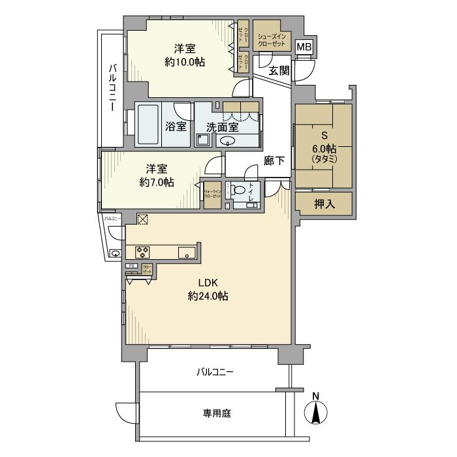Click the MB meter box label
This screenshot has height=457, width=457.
click(x=304, y=47)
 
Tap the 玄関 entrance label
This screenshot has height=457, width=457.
click(x=279, y=71)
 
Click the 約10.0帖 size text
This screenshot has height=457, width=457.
click(x=185, y=62)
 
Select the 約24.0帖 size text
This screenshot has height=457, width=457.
click(x=208, y=296)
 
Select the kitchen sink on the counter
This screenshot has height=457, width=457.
click(x=185, y=252)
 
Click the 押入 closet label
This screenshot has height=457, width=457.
click(x=324, y=204)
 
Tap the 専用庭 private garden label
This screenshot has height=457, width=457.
click(x=215, y=413)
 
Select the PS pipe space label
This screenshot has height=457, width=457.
click(x=131, y=266)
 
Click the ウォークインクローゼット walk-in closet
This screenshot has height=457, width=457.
click(x=212, y=195)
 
